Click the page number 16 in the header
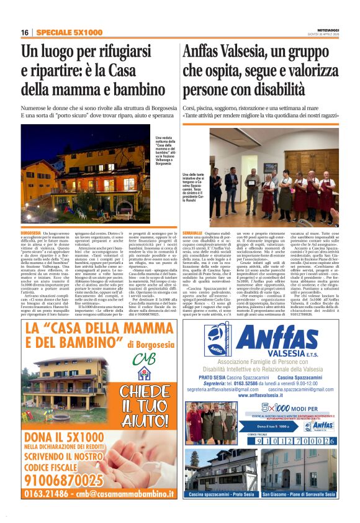25,32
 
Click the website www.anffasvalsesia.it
259,394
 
